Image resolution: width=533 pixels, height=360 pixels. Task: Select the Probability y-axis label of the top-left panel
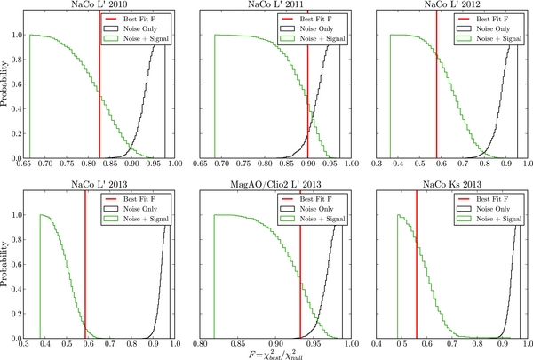tap(7, 85)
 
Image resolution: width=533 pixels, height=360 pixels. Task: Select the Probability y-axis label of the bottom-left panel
tap(7, 268)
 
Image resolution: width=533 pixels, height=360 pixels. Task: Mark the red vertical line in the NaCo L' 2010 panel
tap(99, 89)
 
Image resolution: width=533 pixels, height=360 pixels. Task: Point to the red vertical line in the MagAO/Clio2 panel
tap(300, 267)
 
